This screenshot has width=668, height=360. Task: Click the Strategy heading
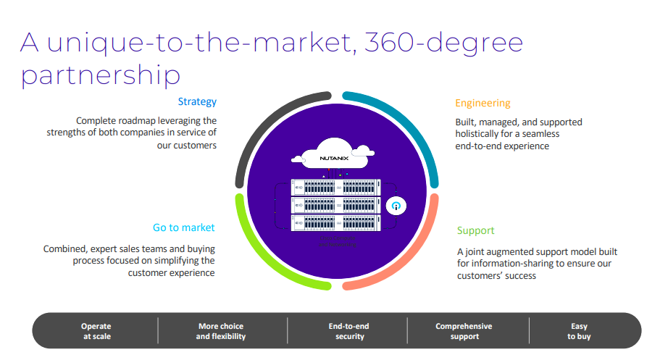coord(197,102)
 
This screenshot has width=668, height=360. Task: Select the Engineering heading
coord(483,103)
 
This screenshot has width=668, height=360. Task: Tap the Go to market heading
coord(183,227)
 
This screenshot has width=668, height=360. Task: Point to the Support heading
coord(475,230)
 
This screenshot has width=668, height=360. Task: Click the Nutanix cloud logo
coord(334,155)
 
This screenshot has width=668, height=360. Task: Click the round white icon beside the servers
coord(396,206)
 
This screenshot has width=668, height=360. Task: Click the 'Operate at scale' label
coord(96,331)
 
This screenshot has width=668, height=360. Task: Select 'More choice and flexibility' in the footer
coord(220,331)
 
